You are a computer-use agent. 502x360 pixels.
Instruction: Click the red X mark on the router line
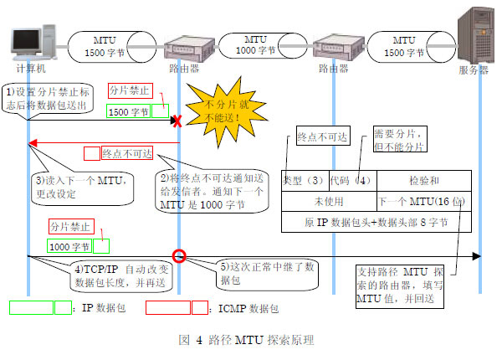point(177,121)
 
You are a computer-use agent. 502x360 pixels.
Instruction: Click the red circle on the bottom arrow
point(178,256)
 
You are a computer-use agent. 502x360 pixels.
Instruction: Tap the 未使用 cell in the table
point(329,202)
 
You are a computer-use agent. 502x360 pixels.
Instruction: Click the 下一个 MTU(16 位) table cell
point(423,202)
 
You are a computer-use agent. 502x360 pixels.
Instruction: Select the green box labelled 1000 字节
point(70,247)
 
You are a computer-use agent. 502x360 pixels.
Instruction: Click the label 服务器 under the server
point(473,69)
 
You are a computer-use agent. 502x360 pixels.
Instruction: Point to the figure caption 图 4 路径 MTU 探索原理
point(247,341)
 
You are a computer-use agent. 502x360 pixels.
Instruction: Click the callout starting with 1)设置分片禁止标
point(50,99)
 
